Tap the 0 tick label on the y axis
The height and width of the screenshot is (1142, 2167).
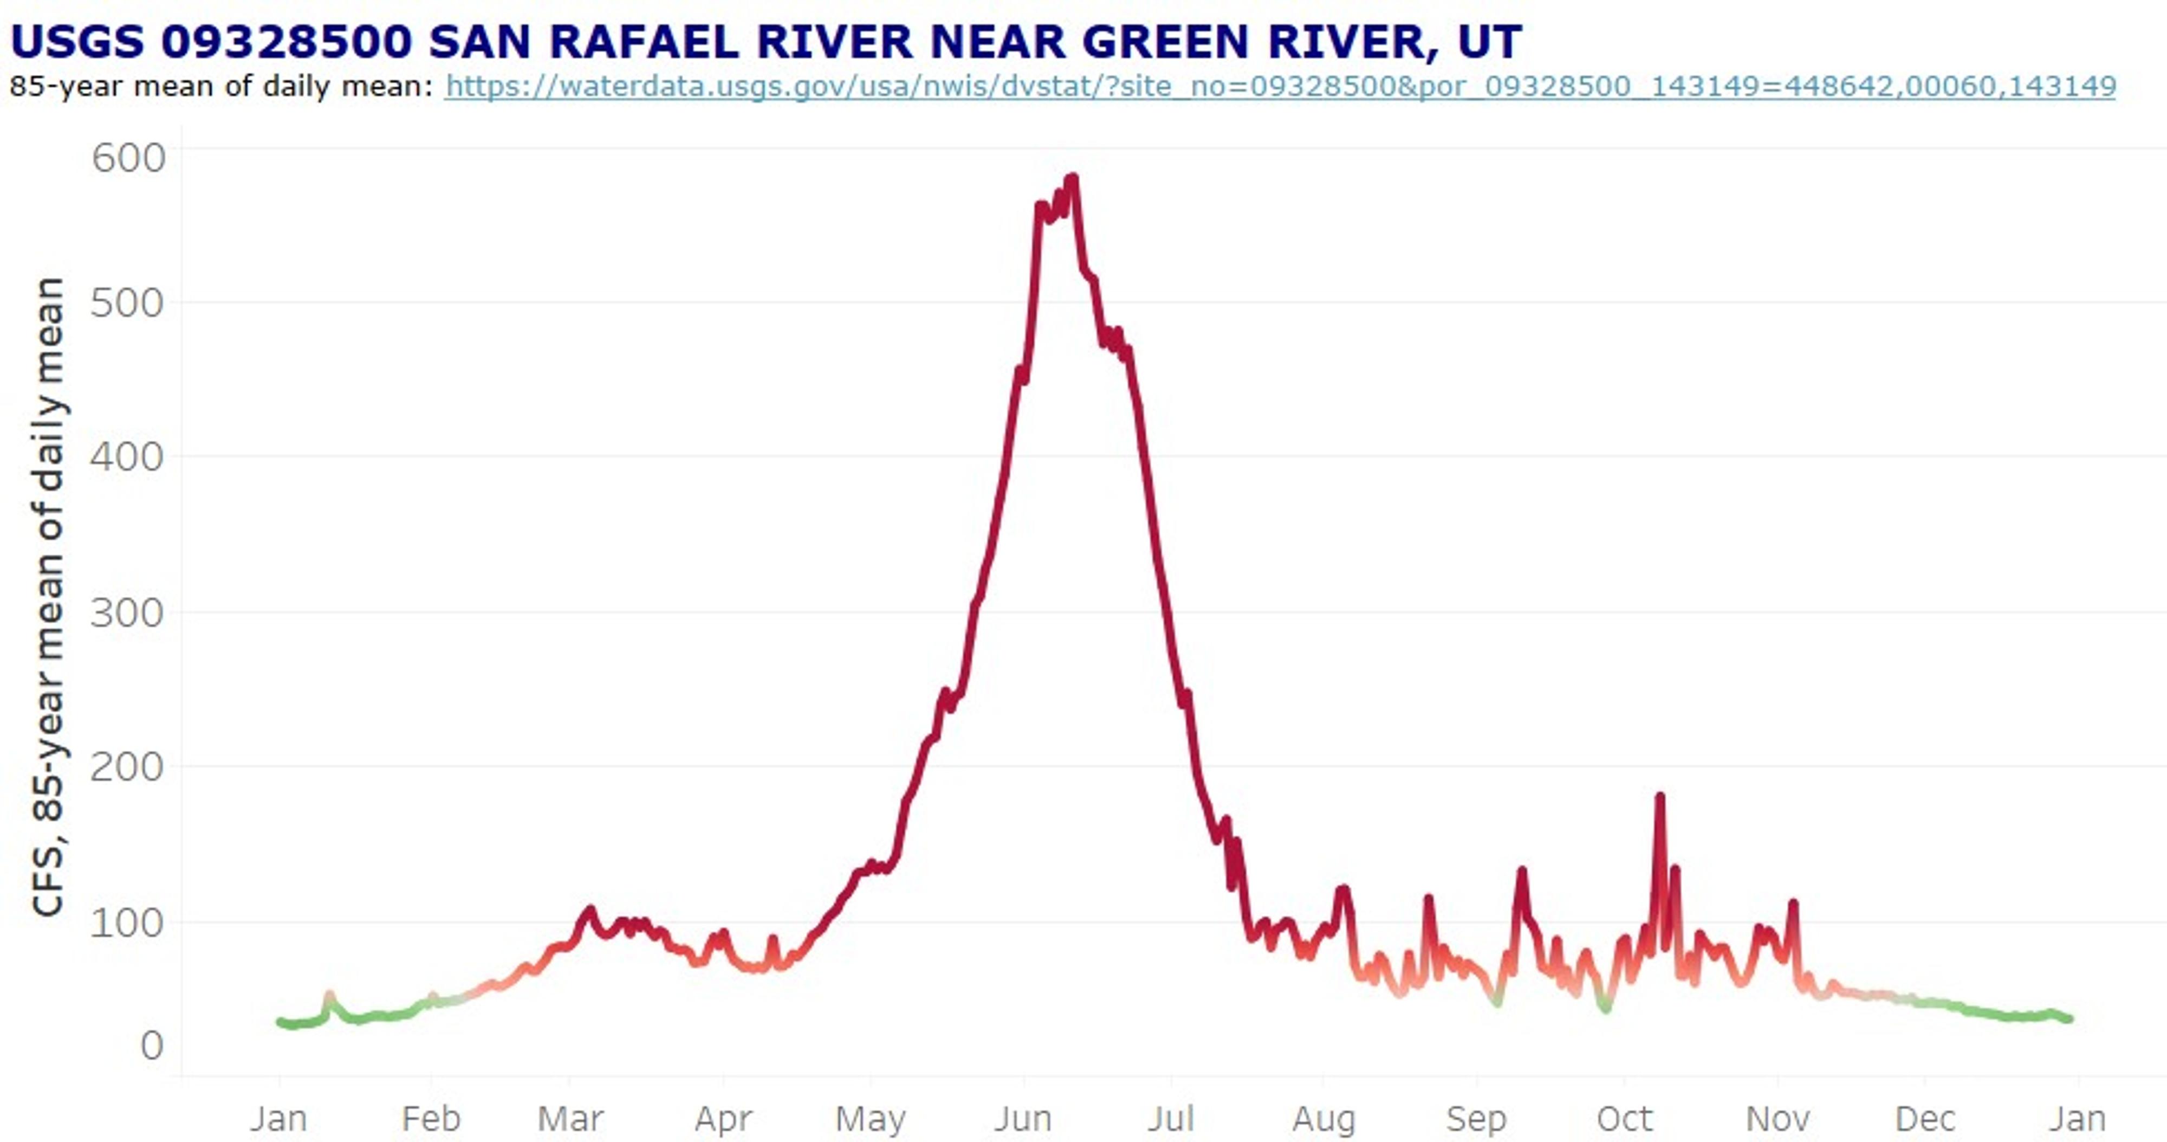pos(152,1045)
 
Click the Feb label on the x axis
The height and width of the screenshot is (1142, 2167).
pos(431,1119)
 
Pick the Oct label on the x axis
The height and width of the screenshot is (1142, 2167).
pos(1624,1119)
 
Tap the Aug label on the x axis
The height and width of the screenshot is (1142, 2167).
pos(1323,1119)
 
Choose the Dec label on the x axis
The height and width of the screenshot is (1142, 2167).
pos(1925,1119)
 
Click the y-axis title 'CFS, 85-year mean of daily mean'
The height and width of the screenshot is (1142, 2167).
pos(48,596)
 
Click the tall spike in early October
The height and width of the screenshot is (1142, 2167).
pos(1660,796)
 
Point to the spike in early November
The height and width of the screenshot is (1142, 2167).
pos(1794,904)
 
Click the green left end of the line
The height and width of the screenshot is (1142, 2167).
pos(281,1023)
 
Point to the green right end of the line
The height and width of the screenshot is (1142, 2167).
pos(2069,1019)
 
